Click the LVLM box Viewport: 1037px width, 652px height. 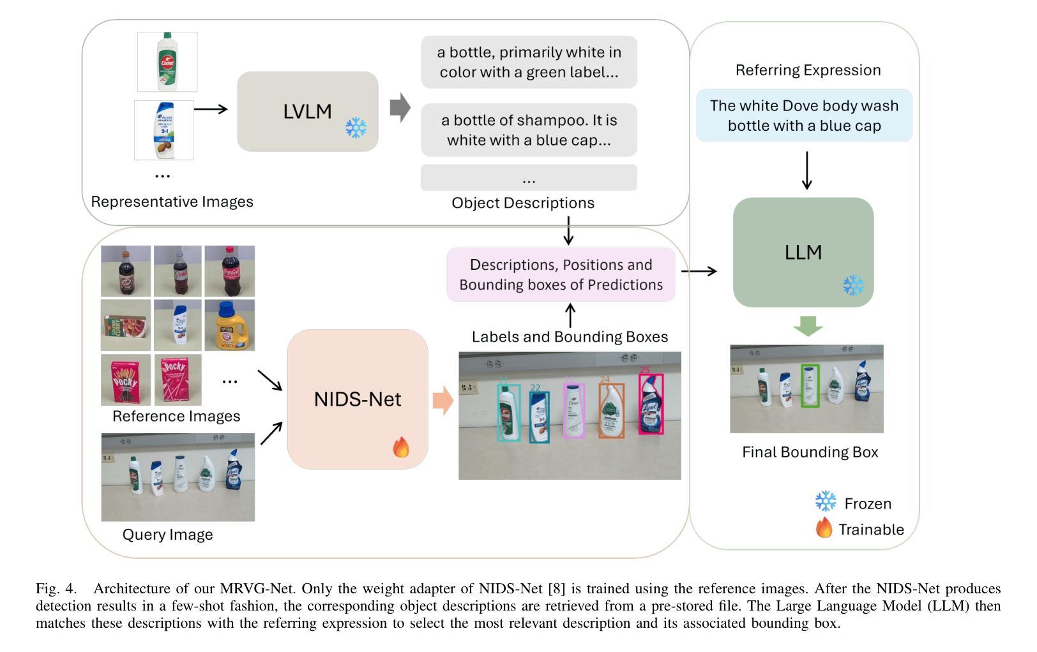pos(307,111)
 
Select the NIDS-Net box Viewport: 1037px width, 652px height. pos(358,399)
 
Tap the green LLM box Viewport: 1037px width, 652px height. pos(803,252)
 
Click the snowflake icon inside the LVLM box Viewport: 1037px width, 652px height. pos(356,128)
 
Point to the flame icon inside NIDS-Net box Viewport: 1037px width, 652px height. pos(401,447)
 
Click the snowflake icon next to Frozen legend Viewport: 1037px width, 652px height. pos(826,501)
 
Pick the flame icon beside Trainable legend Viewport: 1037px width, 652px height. pos(824,528)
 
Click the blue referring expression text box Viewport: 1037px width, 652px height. pos(804,115)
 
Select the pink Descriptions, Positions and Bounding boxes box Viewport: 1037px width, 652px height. pos(561,275)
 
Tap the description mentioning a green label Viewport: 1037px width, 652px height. pos(529,62)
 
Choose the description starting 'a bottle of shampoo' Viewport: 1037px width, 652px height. pos(529,130)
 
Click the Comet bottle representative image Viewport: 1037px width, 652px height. pos(167,62)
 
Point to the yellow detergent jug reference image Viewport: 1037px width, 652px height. pos(230,325)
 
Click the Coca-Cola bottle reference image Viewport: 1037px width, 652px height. pos(230,271)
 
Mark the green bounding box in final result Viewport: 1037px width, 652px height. pos(810,385)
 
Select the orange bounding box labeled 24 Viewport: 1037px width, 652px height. pos(611,411)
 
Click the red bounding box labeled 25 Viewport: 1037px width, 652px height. pos(651,404)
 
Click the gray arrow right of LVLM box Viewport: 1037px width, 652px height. pos(400,108)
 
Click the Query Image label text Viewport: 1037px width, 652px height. pos(168,535)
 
